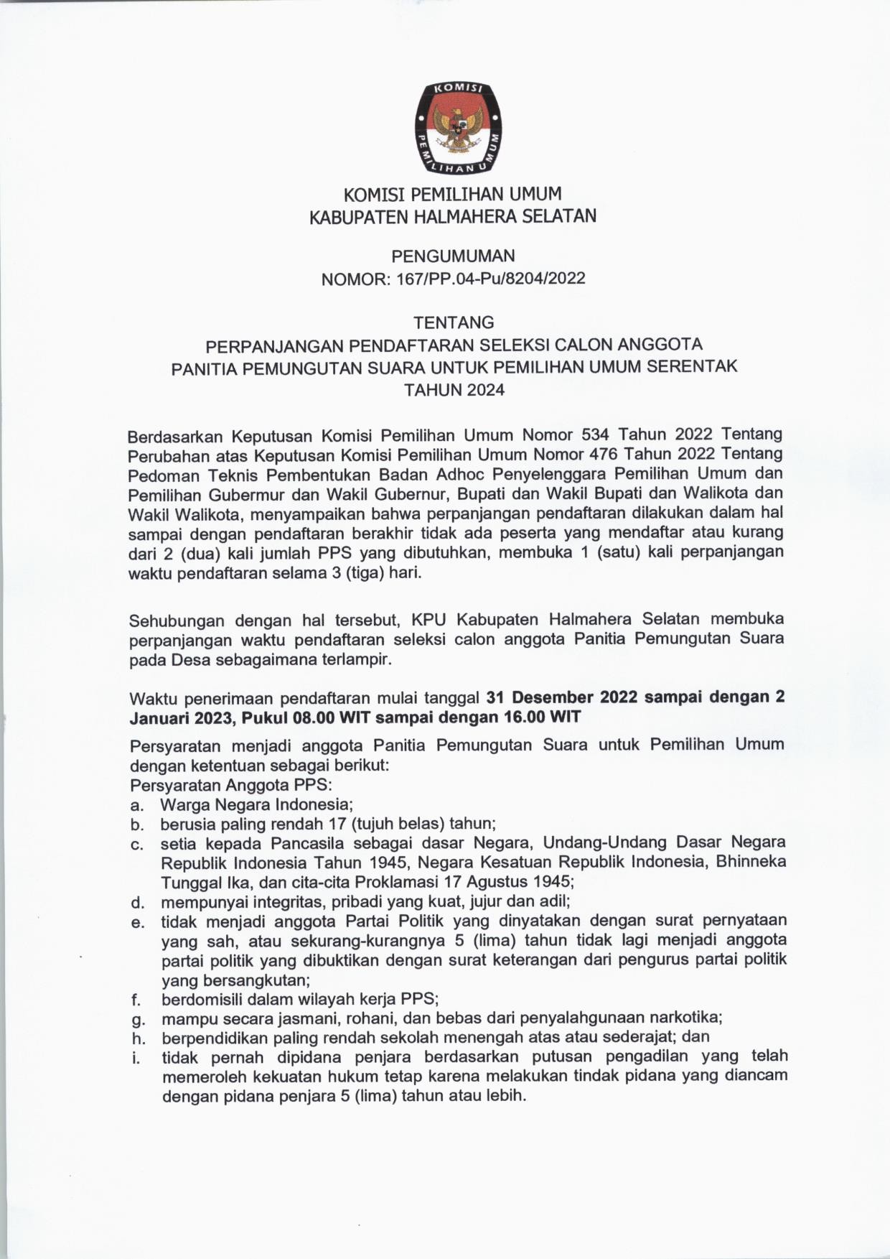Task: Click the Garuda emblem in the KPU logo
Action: click(x=456, y=129)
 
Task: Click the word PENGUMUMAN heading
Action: click(x=453, y=256)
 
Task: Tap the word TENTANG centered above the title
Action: click(x=454, y=322)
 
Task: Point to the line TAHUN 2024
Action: click(x=454, y=390)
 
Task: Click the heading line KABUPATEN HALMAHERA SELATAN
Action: click(x=453, y=216)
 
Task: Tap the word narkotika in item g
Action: click(x=685, y=1018)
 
